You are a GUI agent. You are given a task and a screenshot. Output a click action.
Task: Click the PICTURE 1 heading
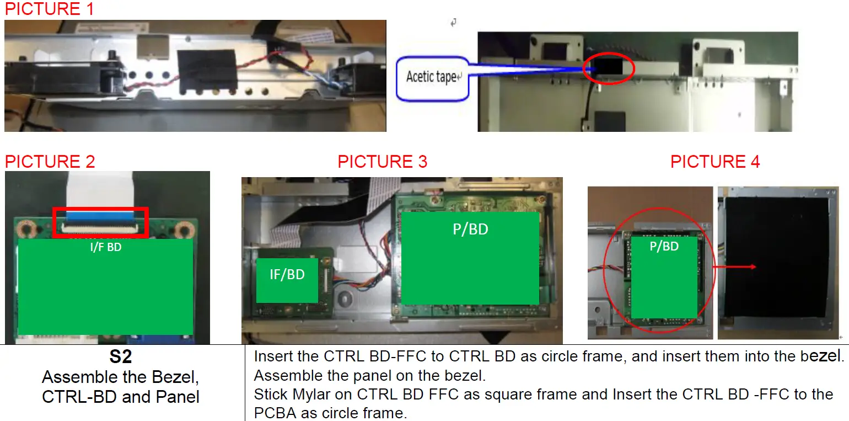(50, 9)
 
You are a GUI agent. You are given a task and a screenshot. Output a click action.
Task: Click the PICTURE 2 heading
(50, 162)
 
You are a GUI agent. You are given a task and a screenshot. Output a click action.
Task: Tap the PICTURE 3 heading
(383, 162)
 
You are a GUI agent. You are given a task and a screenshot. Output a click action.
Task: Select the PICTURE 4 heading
(715, 162)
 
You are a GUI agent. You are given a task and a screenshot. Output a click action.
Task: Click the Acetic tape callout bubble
(432, 77)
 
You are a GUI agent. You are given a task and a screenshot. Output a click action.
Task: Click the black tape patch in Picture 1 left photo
(207, 70)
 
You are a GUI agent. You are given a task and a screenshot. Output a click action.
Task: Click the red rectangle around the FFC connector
(100, 222)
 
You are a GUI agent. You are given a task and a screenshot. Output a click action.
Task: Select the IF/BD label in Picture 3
(287, 274)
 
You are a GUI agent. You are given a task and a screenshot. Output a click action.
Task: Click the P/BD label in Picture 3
(470, 229)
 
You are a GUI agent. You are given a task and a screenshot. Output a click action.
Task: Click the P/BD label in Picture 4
(664, 246)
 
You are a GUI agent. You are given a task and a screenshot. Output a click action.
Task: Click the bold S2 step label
(121, 357)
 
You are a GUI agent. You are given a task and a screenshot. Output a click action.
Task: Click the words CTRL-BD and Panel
(121, 396)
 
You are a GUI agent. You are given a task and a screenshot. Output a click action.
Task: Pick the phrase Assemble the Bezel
(121, 377)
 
